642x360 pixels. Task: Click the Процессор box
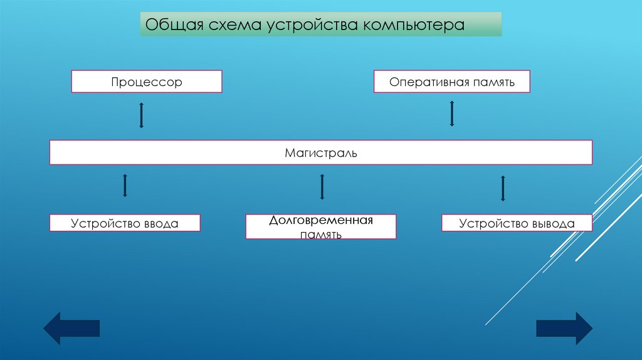coord(147,82)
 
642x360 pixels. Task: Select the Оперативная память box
coord(451,82)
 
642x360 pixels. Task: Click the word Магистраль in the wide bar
coord(321,153)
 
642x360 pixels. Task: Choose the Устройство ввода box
coord(125,223)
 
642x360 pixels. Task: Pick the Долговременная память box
coord(321,227)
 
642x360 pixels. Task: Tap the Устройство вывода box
coord(517,223)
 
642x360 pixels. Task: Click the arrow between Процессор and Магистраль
coord(142,115)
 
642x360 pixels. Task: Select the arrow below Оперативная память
coord(451,114)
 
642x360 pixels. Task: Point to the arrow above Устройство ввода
coord(125,186)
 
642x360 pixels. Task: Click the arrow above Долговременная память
coord(322,187)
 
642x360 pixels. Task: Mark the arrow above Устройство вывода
coord(503,188)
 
